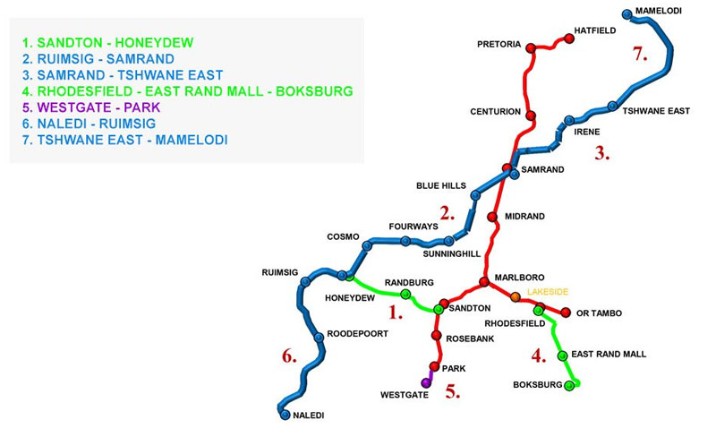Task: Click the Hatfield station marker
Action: click(568, 39)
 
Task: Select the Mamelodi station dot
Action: click(626, 13)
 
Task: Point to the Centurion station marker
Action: click(530, 116)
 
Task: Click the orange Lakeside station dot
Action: click(515, 296)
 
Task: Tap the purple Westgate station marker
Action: click(426, 382)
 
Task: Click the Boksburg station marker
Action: click(568, 386)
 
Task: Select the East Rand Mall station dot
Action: click(562, 356)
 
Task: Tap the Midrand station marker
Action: click(492, 217)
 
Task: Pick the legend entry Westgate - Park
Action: click(86, 107)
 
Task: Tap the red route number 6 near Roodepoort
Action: click(288, 357)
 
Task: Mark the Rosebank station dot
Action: click(437, 337)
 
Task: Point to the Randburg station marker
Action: click(405, 295)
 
